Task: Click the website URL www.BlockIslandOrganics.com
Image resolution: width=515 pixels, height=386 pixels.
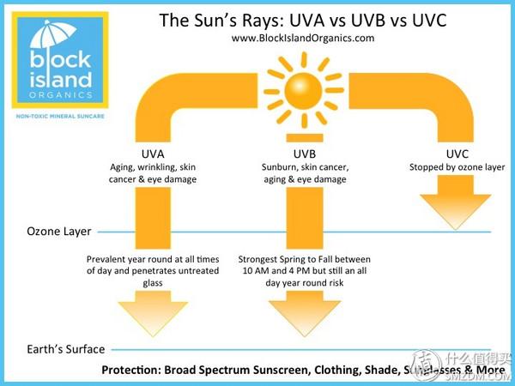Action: pos(303,38)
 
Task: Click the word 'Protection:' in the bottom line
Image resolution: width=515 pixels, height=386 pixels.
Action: pos(134,371)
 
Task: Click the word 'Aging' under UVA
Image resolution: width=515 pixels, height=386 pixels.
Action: pos(126,167)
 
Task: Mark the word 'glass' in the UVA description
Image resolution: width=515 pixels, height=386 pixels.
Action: pos(153,283)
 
